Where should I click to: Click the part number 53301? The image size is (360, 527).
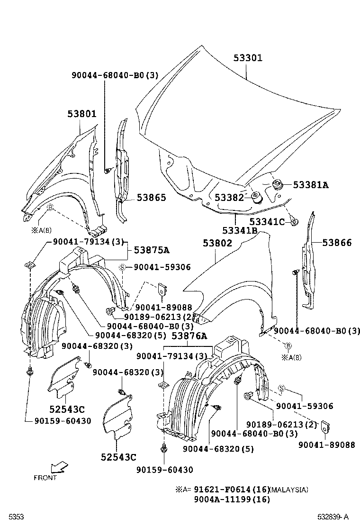click(248, 58)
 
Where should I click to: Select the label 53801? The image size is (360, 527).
click(82, 114)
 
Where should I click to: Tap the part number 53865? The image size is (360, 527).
click(152, 197)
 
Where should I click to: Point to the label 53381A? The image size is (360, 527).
click(311, 184)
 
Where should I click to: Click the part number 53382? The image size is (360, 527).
click(229, 197)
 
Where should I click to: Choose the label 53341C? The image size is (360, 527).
click(267, 221)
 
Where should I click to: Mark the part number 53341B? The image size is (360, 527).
click(240, 230)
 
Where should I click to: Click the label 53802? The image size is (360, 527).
click(217, 243)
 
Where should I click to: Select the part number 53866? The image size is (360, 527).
click(337, 243)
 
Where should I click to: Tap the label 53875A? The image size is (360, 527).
click(152, 250)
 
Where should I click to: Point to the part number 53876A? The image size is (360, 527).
click(189, 336)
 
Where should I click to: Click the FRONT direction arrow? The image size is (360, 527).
click(59, 468)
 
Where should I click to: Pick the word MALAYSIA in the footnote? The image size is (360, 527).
click(289, 490)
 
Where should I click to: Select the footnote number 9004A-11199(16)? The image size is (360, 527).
click(232, 500)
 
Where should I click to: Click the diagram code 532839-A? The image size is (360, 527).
click(333, 517)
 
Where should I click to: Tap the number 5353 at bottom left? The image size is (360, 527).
click(16, 517)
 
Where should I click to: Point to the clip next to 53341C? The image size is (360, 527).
click(295, 222)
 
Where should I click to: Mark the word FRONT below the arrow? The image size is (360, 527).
click(45, 478)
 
